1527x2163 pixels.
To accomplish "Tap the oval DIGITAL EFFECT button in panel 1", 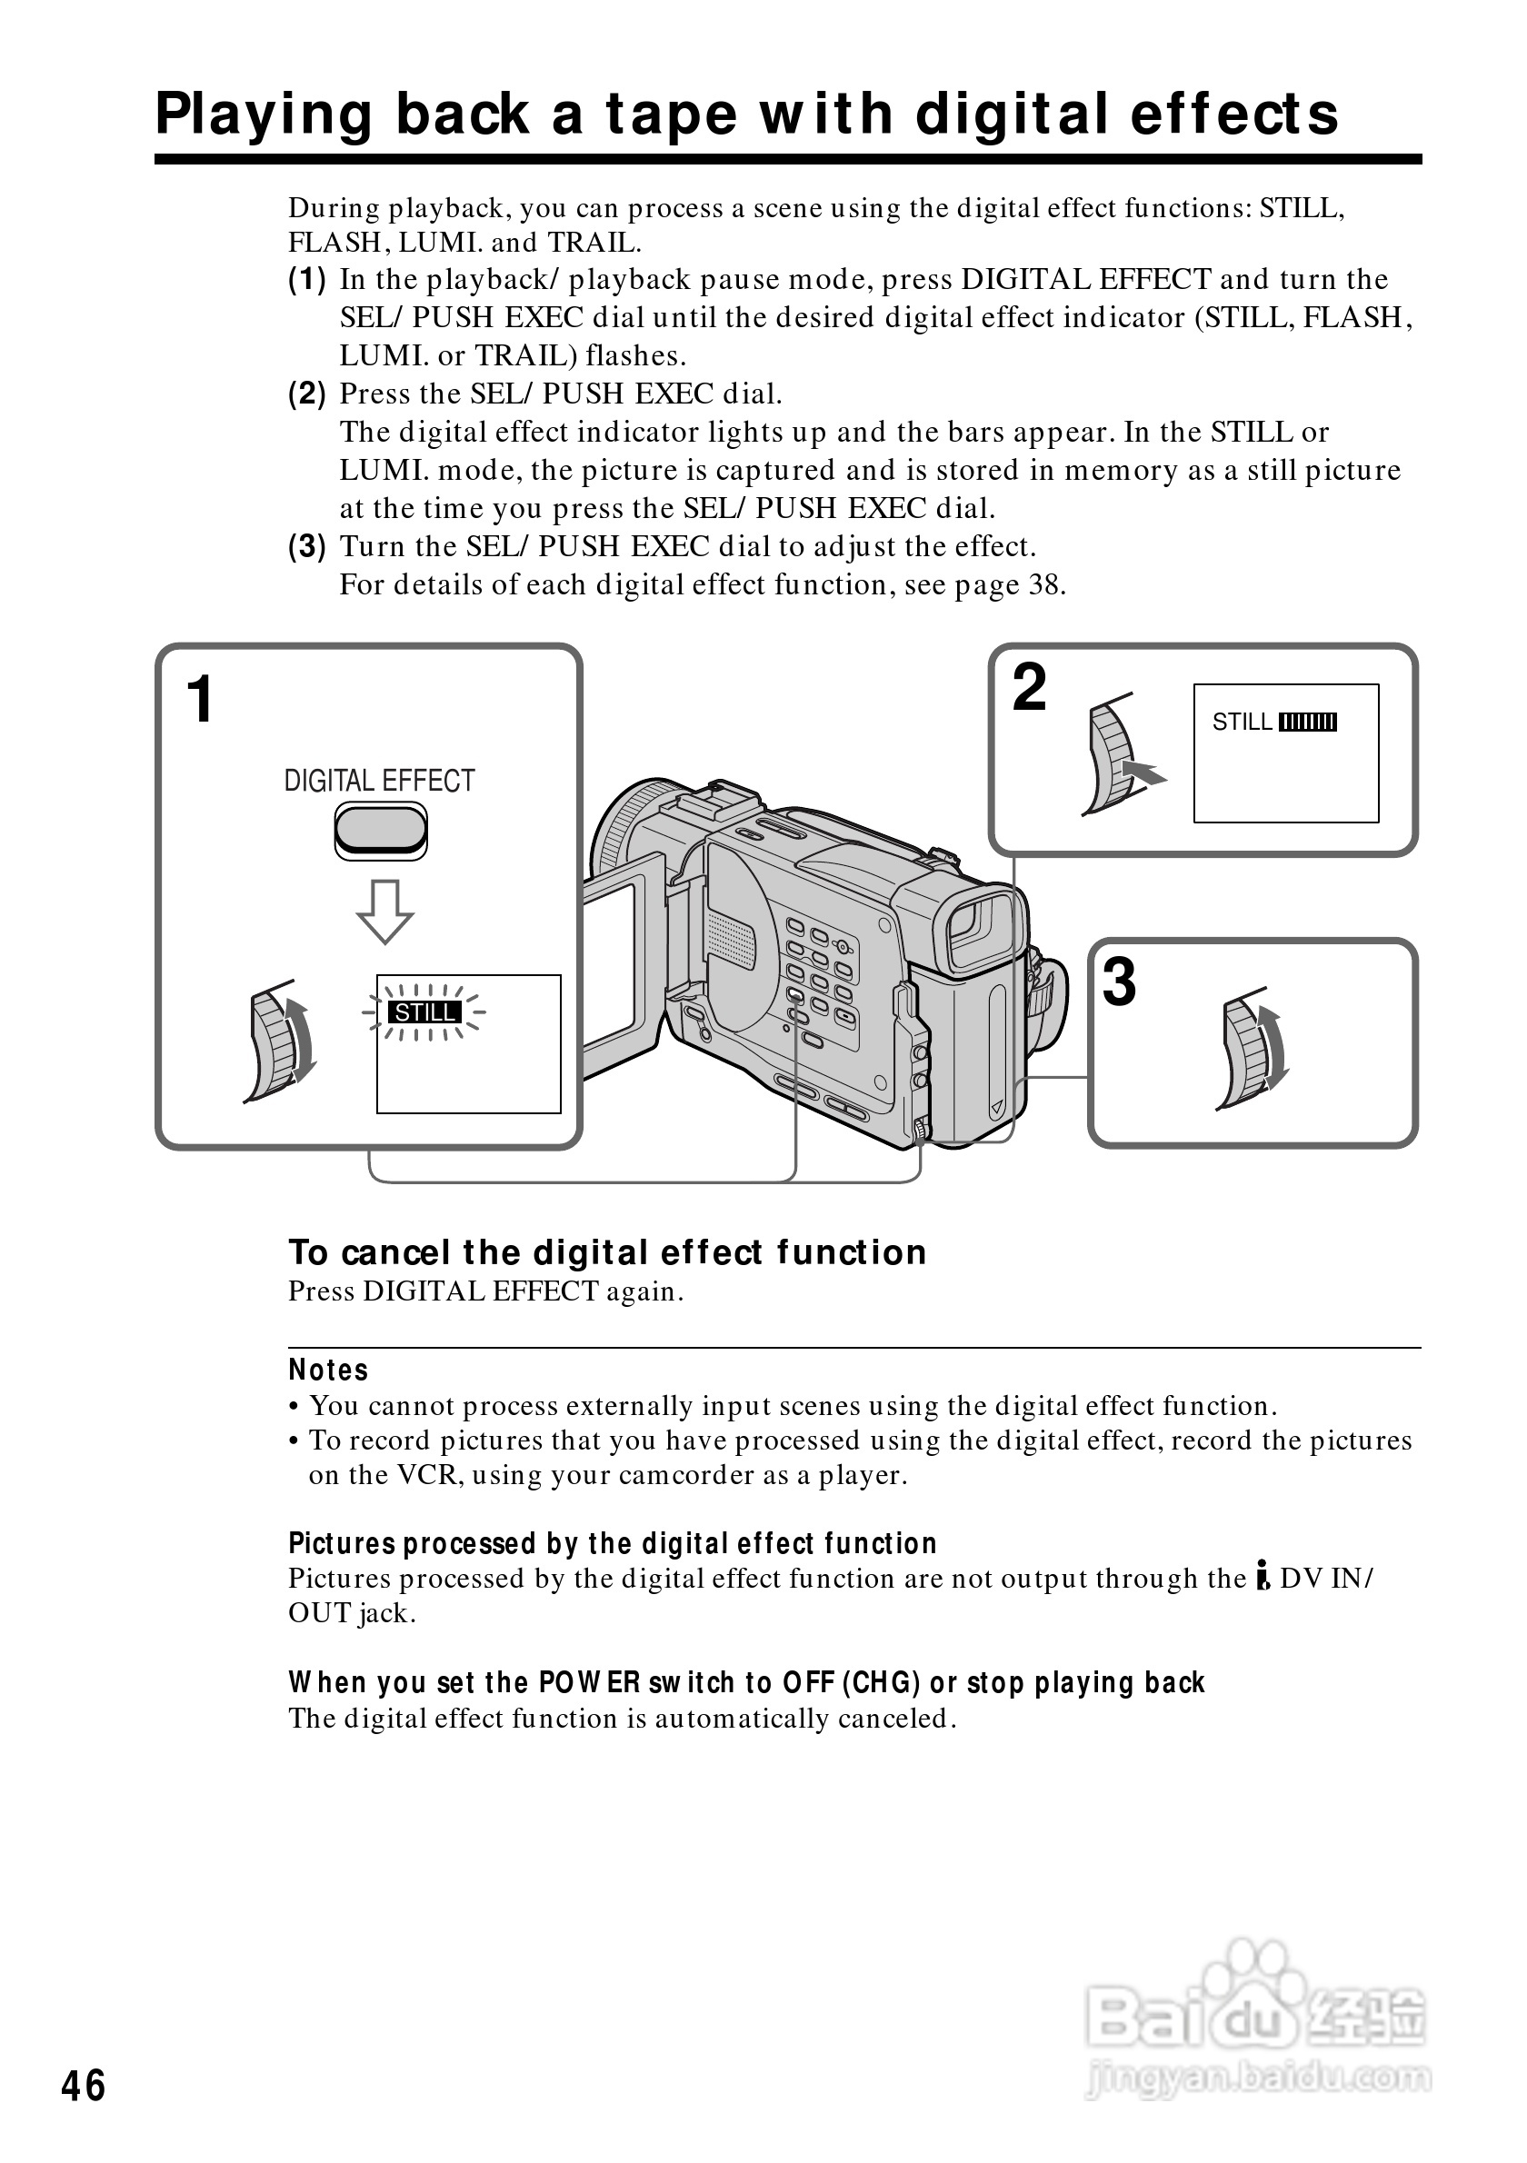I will click(x=381, y=830).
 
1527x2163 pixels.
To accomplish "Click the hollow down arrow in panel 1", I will click(x=384, y=911).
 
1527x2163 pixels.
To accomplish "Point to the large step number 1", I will click(x=200, y=700).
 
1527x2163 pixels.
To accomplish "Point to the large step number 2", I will click(x=1029, y=688).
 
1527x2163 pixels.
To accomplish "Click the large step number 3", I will click(x=1118, y=982).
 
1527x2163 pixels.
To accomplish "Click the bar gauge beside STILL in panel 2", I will click(x=1308, y=723).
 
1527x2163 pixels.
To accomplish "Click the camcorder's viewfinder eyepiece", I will click(x=981, y=927).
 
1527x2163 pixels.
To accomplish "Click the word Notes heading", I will click(x=328, y=1371).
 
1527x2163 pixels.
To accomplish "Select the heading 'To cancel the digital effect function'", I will click(x=607, y=1253).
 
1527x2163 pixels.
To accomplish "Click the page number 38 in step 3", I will click(x=1044, y=585).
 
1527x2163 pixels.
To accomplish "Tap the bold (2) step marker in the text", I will click(x=307, y=394).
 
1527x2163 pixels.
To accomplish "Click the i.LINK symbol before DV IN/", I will click(x=1263, y=1578).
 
